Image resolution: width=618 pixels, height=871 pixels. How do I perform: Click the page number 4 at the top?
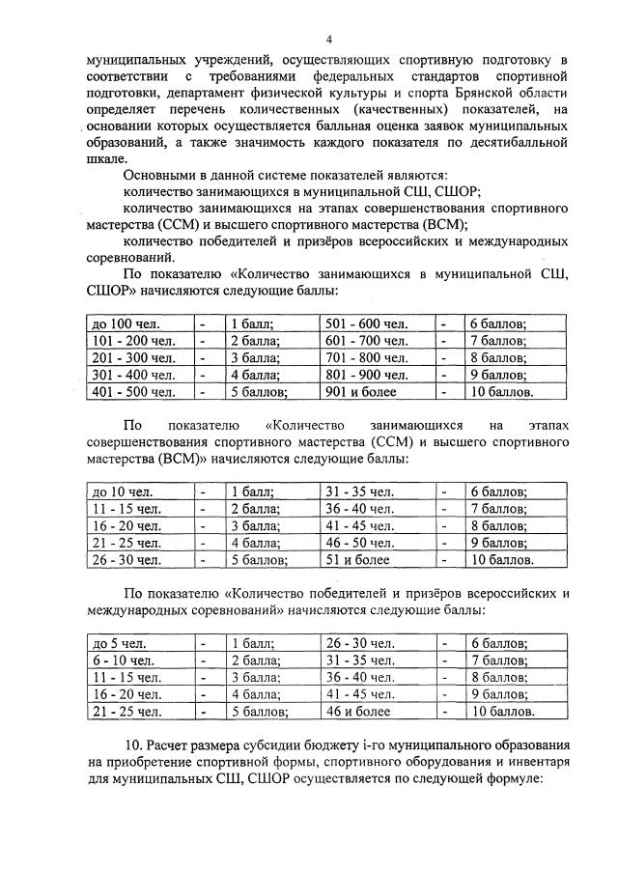tap(328, 40)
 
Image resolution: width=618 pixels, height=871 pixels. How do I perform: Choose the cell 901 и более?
tap(358, 392)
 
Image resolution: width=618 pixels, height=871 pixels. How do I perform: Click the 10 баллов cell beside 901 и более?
tap(500, 392)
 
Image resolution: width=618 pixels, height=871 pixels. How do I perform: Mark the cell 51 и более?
tap(355, 559)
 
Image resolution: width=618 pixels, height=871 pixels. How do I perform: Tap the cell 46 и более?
tap(358, 712)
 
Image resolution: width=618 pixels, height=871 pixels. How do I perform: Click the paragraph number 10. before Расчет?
tap(134, 748)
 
